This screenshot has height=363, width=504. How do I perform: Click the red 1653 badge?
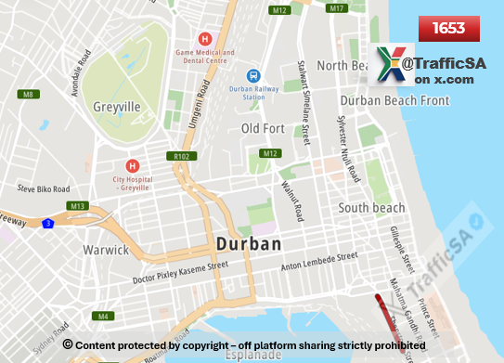(448, 29)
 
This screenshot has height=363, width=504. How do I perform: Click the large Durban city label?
(248, 243)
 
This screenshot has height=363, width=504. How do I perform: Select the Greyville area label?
(117, 107)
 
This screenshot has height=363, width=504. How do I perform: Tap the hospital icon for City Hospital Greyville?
(131, 163)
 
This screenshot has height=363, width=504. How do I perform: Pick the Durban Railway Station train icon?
(252, 75)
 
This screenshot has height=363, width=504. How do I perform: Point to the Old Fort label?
(264, 127)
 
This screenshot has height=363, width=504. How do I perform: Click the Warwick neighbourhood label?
(105, 250)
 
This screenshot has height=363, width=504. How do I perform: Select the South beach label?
(371, 208)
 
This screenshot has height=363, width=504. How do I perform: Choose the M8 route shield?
(29, 94)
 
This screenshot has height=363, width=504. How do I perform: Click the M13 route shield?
(78, 205)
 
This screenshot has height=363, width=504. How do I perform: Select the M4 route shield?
(104, 316)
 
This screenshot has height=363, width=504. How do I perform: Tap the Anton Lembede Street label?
(319, 262)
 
